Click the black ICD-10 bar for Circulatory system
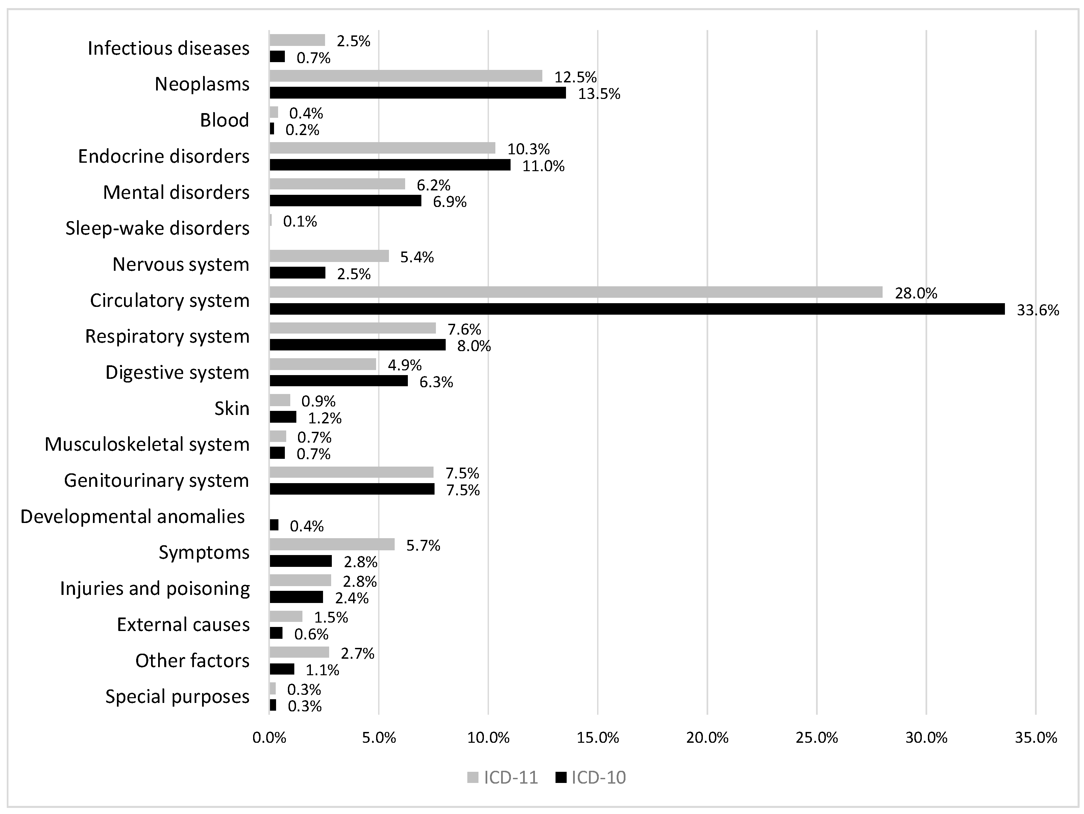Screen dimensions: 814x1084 [x=637, y=309]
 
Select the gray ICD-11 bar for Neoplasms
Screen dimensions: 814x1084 [x=406, y=76]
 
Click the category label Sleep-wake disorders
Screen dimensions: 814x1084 [x=157, y=228]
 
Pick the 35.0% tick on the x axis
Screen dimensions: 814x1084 [x=1035, y=738]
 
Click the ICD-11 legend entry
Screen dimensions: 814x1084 [x=503, y=778]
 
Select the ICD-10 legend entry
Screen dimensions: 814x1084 [x=591, y=778]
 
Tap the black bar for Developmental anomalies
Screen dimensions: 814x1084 [x=274, y=525]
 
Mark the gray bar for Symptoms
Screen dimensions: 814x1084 [x=332, y=544]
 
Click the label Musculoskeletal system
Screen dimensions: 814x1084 [x=147, y=444]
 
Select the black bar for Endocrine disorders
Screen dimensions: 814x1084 [x=390, y=165]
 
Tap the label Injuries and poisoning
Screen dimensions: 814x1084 [x=155, y=588]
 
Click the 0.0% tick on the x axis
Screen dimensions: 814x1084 [x=270, y=738]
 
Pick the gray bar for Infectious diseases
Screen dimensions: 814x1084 [x=297, y=40]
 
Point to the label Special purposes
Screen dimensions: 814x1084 [x=177, y=697]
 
